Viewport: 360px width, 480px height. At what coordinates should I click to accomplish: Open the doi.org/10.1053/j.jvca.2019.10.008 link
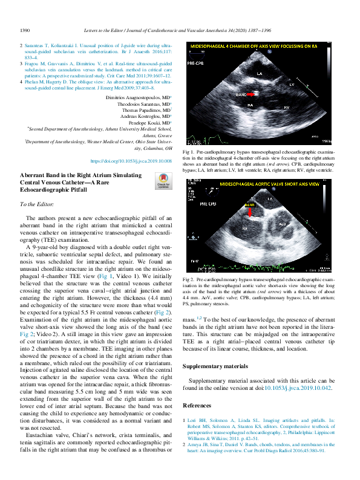131,161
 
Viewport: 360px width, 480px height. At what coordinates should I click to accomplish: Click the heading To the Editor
37,205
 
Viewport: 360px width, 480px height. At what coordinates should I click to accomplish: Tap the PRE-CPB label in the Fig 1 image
195,62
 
